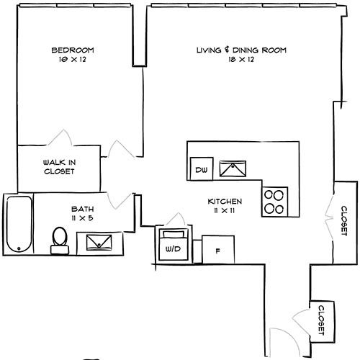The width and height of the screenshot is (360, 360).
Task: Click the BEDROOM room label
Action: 73,50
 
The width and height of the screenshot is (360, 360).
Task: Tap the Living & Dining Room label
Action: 241,50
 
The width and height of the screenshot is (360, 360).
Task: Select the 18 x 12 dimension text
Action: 241,59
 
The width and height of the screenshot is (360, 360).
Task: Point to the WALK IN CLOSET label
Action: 59,167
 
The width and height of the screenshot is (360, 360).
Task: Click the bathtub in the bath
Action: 19,224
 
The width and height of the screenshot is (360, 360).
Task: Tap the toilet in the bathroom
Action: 60,240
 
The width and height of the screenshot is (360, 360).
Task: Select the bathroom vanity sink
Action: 99,243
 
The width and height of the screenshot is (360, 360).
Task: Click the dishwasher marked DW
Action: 202,168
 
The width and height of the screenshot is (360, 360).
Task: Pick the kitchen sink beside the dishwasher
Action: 233,168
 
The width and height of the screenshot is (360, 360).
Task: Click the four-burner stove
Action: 274,202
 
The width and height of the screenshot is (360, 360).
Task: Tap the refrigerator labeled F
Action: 218,249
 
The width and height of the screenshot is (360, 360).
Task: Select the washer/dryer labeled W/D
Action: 174,245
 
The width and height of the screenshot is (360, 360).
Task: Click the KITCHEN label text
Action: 225,202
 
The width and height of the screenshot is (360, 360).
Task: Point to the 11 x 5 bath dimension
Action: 82,218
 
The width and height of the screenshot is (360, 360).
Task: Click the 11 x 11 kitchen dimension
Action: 225,211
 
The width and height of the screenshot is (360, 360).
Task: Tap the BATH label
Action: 82,209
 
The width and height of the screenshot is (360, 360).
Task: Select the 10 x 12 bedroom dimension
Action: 73,59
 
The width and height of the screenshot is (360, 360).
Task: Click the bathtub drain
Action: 19,248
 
